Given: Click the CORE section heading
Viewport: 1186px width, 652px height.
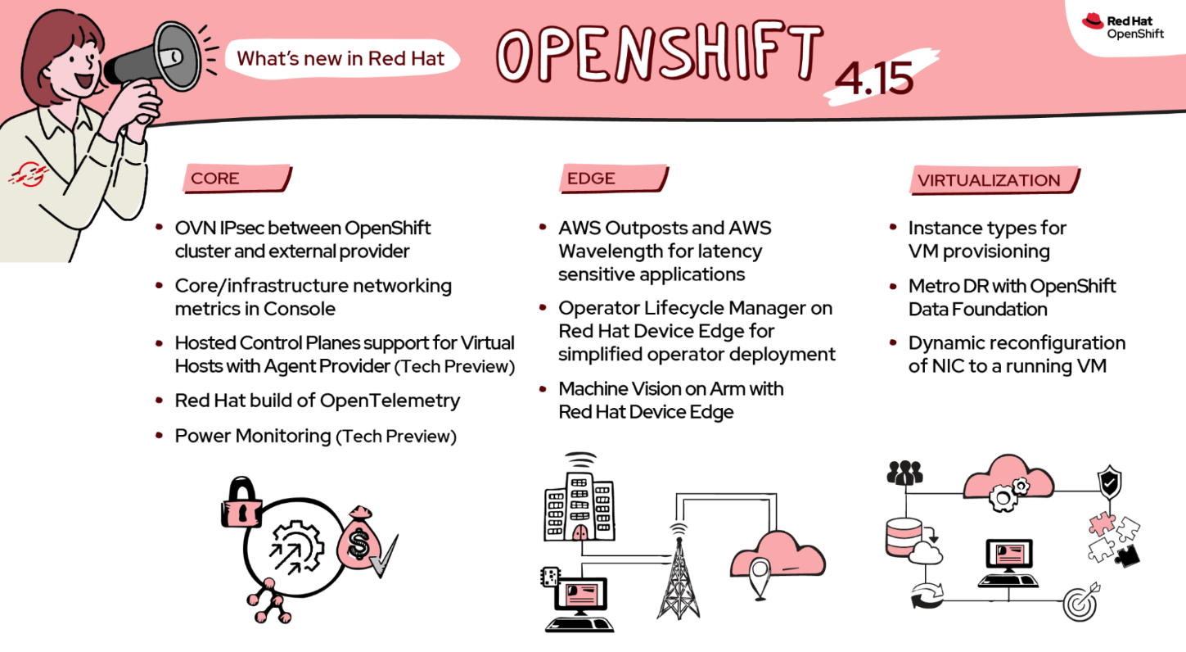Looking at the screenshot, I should [215, 179].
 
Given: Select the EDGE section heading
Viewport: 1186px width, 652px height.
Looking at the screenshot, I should [591, 179].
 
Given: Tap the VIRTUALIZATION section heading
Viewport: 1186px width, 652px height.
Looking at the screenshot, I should [989, 180].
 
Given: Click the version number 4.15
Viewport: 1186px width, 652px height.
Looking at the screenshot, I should [874, 78].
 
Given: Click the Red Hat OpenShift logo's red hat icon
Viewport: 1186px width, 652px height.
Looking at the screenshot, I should [1092, 22].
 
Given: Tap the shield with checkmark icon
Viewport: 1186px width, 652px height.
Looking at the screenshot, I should [1109, 482].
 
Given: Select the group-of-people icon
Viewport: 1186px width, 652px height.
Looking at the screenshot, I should [904, 473].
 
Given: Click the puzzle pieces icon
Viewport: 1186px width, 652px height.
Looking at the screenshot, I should [1112, 538].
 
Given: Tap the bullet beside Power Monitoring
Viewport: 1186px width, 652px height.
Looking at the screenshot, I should [159, 436].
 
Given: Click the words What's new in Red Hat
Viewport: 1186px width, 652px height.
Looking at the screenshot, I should [340, 58].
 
